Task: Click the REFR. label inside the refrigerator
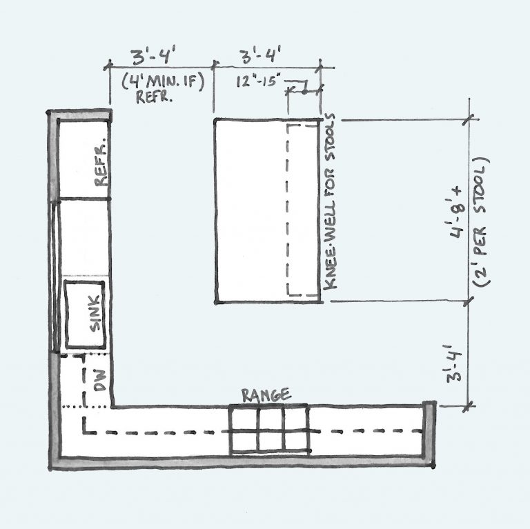point(100,165)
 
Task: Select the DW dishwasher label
point(99,382)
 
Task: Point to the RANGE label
point(266,395)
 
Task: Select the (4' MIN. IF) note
point(160,79)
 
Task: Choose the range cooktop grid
point(270,430)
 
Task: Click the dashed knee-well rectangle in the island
point(304,210)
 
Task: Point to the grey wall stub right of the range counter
point(429,435)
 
